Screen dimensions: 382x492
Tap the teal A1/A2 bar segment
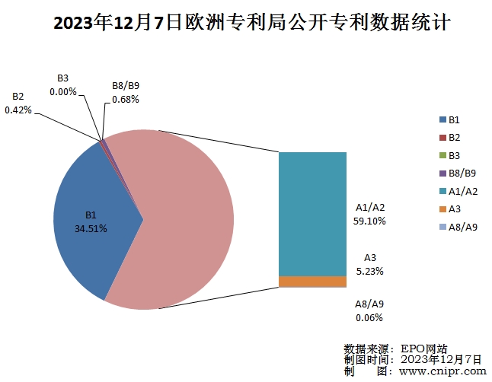[312, 213]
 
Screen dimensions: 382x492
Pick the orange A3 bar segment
[312, 282]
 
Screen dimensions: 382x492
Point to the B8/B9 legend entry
[456, 173]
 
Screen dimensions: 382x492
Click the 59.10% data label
[370, 221]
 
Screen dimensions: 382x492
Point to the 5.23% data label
[370, 271]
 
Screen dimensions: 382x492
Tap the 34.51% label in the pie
[91, 228]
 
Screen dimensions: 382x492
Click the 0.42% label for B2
[18, 110]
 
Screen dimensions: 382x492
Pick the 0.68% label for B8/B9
[125, 99]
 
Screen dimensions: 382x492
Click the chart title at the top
[245, 24]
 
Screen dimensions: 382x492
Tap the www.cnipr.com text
[442, 371]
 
